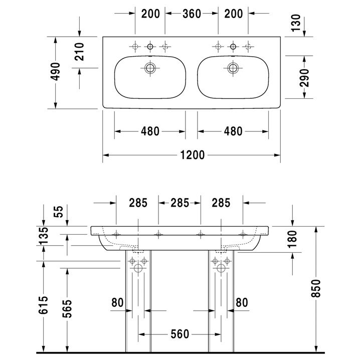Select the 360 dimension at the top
pyautogui.click(x=191, y=14)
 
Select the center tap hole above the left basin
pyautogui.click(x=149, y=47)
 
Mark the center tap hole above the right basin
pyautogui.click(x=232, y=47)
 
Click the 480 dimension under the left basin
pyautogui.click(x=150, y=131)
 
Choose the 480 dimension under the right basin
pyautogui.click(x=232, y=131)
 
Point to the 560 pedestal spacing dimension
pyautogui.click(x=179, y=333)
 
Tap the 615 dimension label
pyautogui.click(x=44, y=304)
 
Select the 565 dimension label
pyautogui.click(x=67, y=309)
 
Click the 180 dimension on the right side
pyautogui.click(x=293, y=240)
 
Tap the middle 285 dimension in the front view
pyautogui.click(x=179, y=203)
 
